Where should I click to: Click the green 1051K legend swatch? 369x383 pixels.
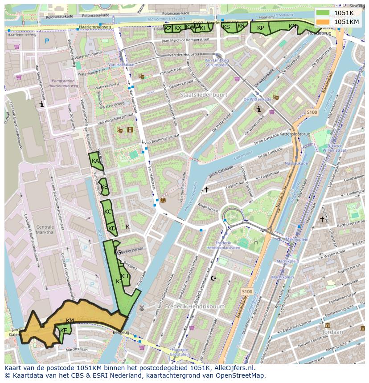pyautogui.click(x=324, y=13)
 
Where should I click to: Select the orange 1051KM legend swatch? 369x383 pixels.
pyautogui.click(x=324, y=22)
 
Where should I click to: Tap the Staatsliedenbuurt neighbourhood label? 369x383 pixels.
pyautogui.click(x=204, y=95)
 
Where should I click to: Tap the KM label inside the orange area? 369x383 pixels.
pyautogui.click(x=70, y=321)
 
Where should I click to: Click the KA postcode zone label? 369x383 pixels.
pyautogui.click(x=95, y=161)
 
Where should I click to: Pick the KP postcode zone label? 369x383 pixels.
pyautogui.click(x=261, y=28)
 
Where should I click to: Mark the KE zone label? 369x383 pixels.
pyautogui.click(x=63, y=331)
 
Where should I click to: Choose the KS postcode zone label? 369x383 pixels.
pyautogui.click(x=226, y=27)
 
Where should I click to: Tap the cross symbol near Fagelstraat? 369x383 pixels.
pyautogui.click(x=206, y=189)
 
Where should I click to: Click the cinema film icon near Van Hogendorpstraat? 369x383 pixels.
pyautogui.click(x=130, y=130)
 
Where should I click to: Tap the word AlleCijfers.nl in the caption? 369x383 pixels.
pyautogui.click(x=233, y=368)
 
